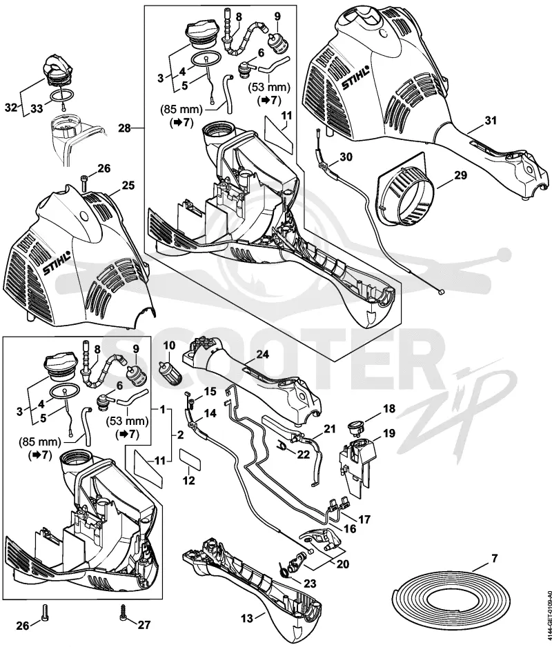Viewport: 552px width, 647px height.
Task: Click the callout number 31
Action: (491, 121)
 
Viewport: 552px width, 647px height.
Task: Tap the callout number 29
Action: (460, 175)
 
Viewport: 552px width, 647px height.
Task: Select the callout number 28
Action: (124, 128)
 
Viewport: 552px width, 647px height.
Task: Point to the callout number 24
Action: (262, 354)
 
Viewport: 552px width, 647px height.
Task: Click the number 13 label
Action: (247, 629)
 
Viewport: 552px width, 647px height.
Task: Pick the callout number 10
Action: (169, 345)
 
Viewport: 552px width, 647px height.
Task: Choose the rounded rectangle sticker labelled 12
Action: (190, 459)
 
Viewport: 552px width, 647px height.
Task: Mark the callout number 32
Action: (12, 108)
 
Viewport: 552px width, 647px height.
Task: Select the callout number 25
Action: (128, 185)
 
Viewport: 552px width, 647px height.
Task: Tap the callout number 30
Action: (346, 157)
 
